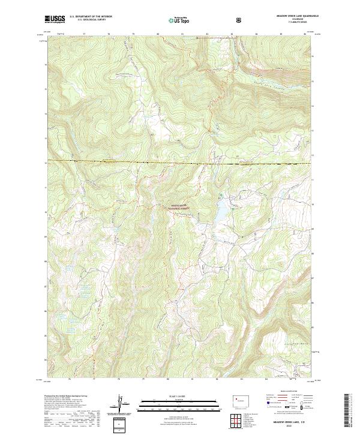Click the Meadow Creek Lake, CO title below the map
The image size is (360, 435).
[290, 420]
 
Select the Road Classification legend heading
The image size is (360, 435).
[286, 396]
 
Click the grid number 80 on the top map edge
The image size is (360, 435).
[158, 34]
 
